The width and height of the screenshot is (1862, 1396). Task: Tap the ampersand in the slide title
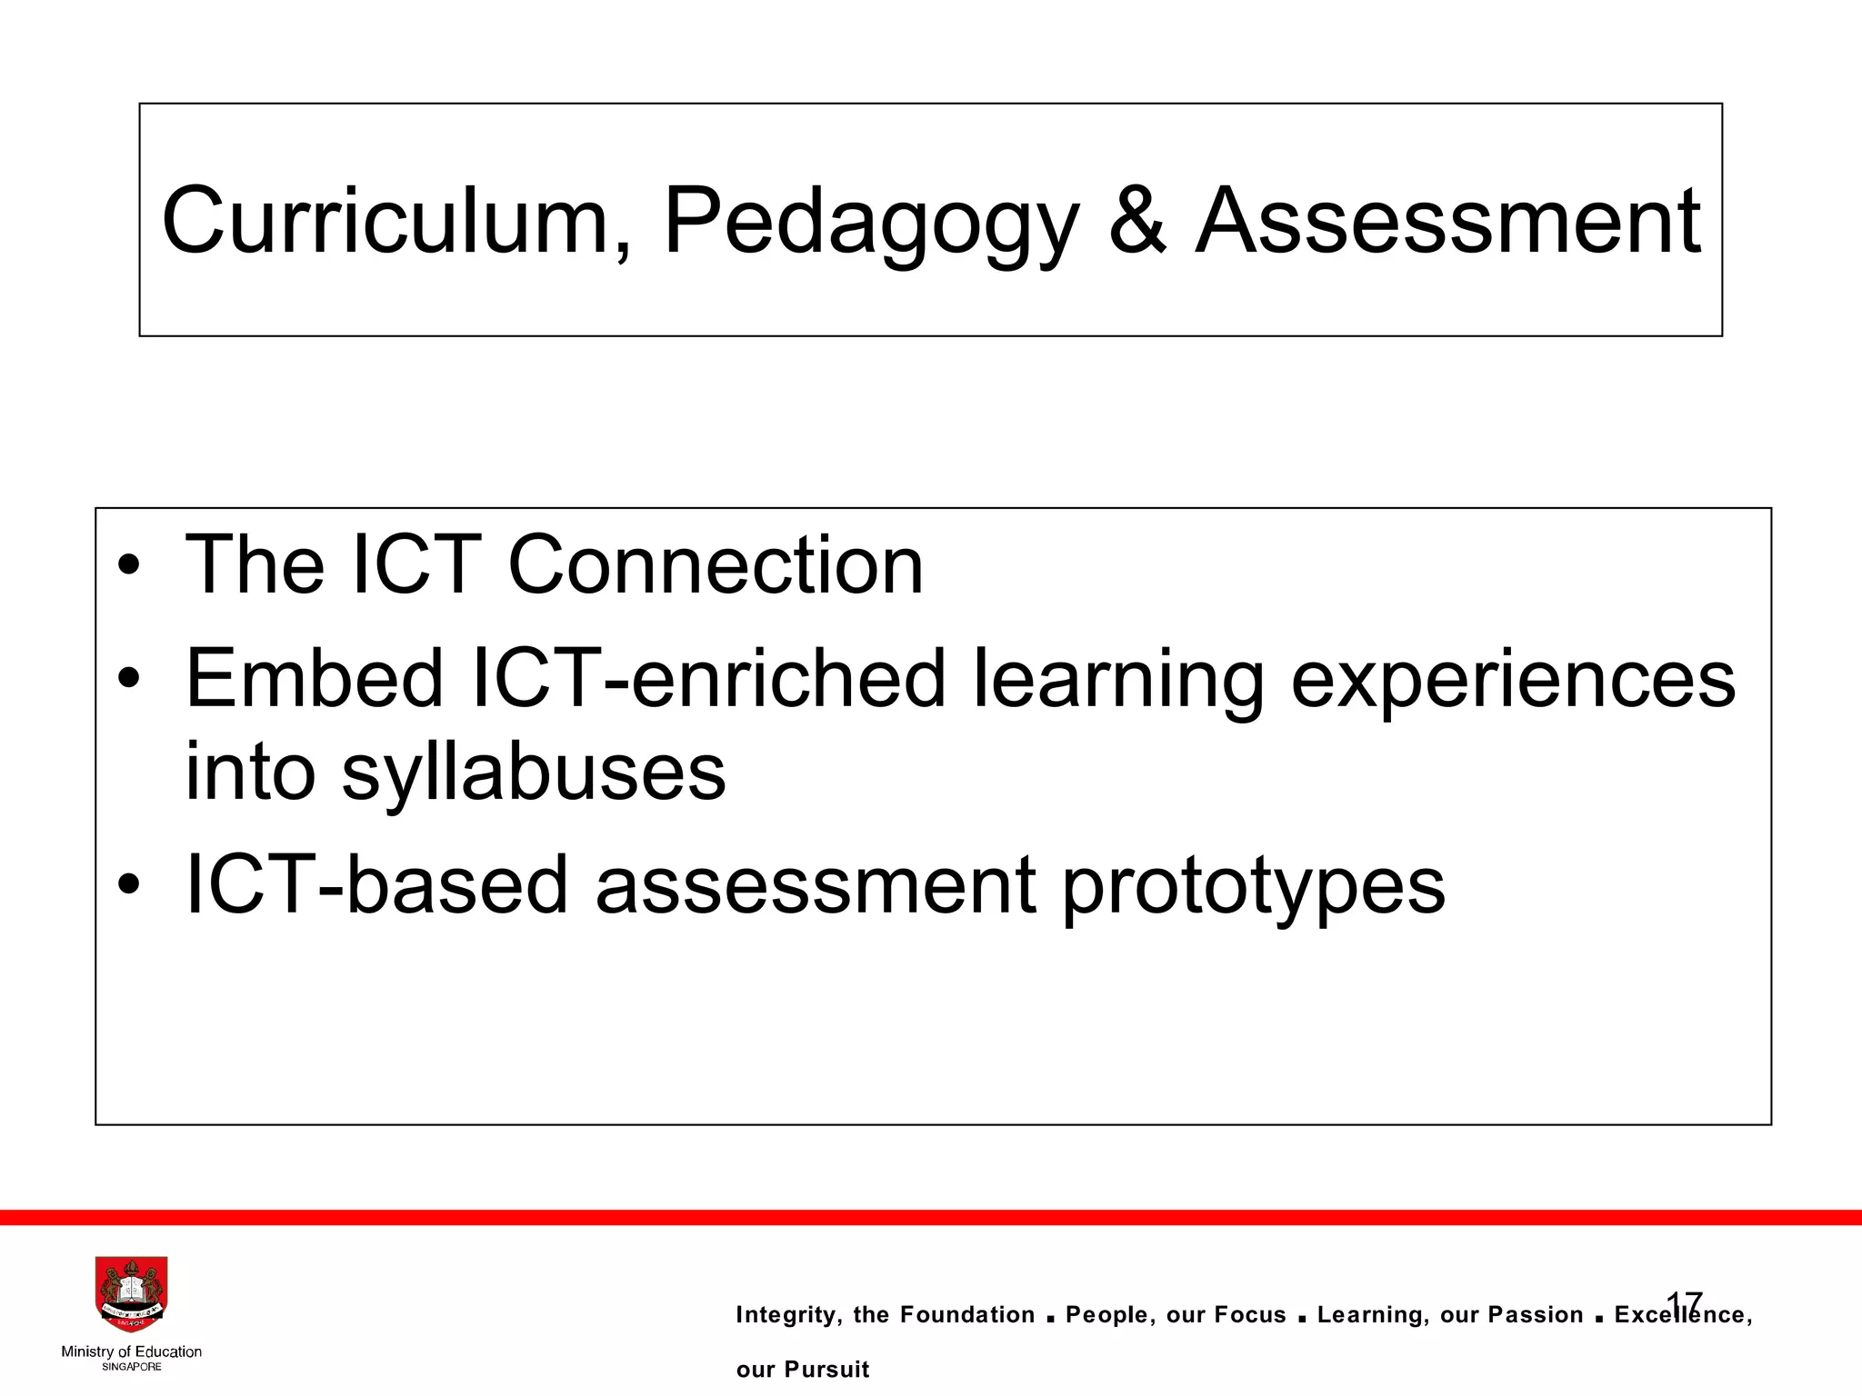pos(1136,221)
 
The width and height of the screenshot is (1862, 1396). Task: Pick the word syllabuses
pos(534,773)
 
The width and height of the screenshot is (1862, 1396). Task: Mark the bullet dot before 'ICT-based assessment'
pos(129,885)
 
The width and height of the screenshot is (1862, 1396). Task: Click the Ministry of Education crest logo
pos(131,1294)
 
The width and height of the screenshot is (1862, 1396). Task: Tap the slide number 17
pos(1684,1302)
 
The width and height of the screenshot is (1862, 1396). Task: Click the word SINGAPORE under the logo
pos(131,1367)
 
